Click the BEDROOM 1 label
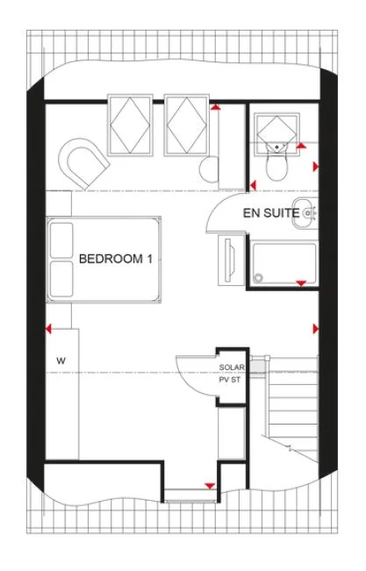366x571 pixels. point(116,260)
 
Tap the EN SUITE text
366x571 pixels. point(268,211)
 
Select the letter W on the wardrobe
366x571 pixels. point(61,360)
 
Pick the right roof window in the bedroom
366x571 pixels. point(185,123)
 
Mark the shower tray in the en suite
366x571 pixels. point(283,265)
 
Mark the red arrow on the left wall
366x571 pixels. point(48,329)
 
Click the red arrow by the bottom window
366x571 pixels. point(209,485)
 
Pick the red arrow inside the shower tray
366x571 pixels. point(301,282)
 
